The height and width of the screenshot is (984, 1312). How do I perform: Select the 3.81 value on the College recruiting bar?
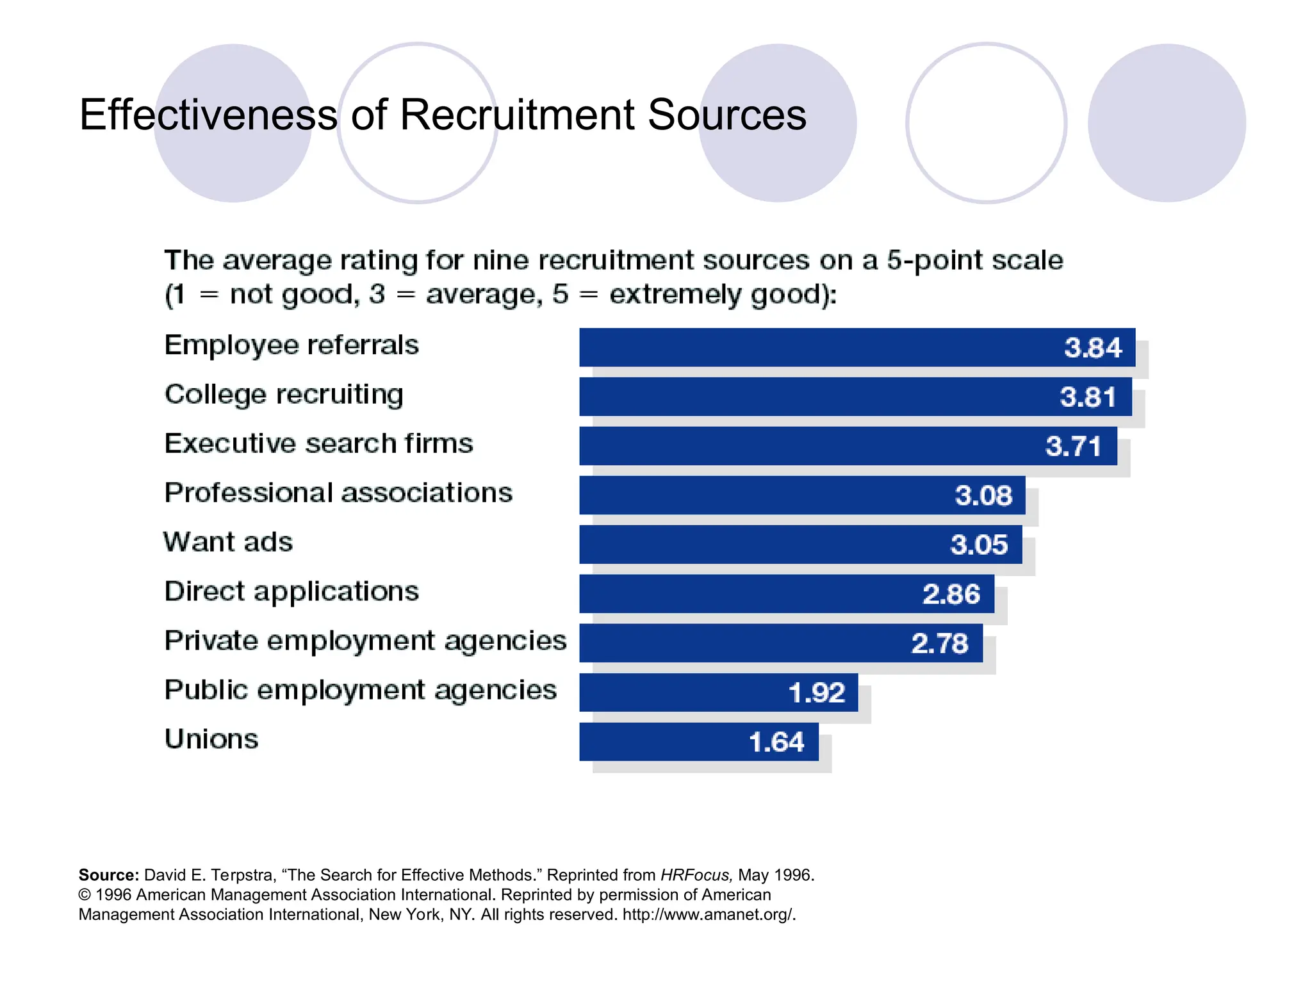coord(1088,397)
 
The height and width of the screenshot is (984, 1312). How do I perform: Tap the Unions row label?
coord(211,739)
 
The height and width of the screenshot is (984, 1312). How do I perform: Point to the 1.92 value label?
coord(817,693)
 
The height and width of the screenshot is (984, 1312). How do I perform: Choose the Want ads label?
coord(228,542)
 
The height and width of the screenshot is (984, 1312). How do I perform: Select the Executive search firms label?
coord(318,443)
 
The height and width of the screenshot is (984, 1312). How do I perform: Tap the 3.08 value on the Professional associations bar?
coord(983,495)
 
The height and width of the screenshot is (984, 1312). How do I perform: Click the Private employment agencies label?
coord(365,641)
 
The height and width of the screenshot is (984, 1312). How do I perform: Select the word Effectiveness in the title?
coord(208,115)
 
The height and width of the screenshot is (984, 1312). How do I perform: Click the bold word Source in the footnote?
coord(108,875)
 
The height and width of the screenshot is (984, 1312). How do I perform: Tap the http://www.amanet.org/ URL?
coord(709,914)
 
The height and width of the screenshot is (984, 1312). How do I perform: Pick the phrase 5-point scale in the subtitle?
coord(974,261)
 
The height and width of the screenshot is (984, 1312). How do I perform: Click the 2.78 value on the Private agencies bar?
coord(939,643)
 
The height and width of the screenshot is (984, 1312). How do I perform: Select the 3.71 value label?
coord(1073,446)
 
